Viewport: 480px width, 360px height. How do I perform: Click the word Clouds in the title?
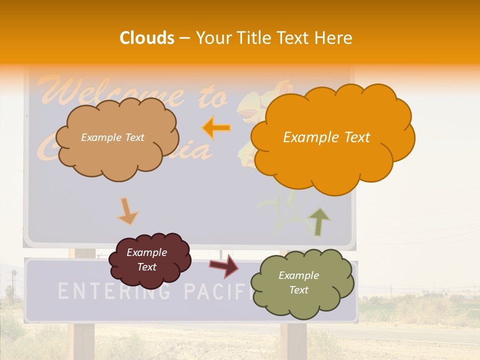(x=147, y=38)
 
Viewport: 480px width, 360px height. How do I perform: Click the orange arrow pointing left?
(x=216, y=128)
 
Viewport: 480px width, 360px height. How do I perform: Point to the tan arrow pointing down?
(x=127, y=211)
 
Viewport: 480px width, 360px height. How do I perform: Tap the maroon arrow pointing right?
(x=224, y=266)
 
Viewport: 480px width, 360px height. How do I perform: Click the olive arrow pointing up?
(x=319, y=222)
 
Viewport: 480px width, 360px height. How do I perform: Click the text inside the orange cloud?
(x=326, y=137)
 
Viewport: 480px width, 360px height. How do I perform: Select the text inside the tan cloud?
(x=112, y=137)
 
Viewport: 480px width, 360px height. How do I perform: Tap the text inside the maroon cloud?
(x=146, y=259)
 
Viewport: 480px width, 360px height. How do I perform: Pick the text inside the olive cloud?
(x=298, y=282)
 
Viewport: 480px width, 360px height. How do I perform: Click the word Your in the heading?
(x=213, y=38)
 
